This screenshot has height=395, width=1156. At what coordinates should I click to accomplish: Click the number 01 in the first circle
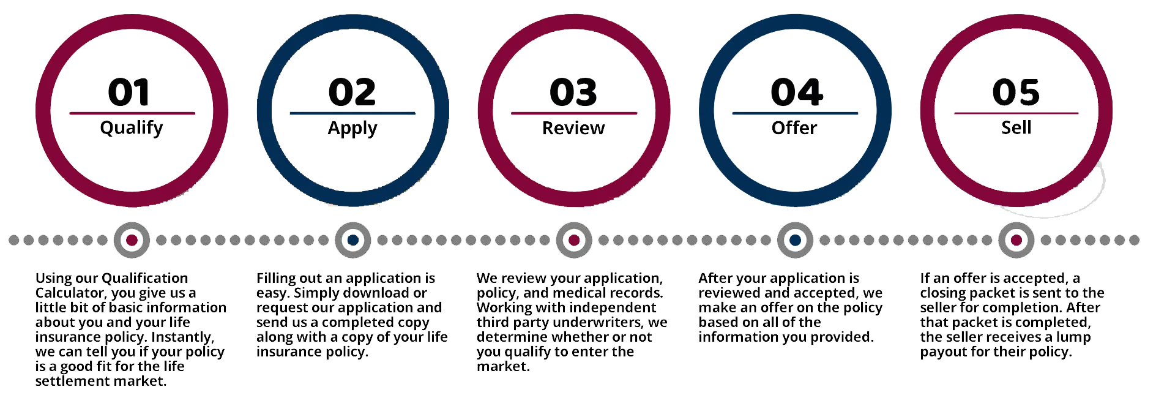pos(129,92)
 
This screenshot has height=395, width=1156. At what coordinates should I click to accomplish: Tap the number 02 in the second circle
pos(352,92)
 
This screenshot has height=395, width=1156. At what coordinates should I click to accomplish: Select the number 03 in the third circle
pos(573,92)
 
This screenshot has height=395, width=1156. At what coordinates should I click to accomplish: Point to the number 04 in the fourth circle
pos(797,92)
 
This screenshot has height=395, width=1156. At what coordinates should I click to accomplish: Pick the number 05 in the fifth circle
pos(1016,92)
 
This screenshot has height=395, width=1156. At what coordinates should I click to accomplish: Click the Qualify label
pos(132,129)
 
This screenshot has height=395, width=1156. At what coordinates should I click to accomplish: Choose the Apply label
pos(352,129)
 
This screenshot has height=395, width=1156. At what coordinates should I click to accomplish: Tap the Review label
pos(573,128)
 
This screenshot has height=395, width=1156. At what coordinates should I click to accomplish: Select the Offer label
pos(794,128)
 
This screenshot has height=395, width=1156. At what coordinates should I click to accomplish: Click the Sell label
pos(1016,127)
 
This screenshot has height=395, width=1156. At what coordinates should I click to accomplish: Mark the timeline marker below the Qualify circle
pos(132,240)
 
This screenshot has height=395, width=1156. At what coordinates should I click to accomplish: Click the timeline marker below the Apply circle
pos(353,240)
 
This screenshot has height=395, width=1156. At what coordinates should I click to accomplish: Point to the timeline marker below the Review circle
pos(574,240)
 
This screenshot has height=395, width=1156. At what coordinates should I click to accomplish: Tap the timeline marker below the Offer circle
pos(795,240)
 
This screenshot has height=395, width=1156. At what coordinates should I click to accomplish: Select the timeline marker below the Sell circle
pos(1016,240)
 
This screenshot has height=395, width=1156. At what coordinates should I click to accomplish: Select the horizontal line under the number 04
pos(795,113)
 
